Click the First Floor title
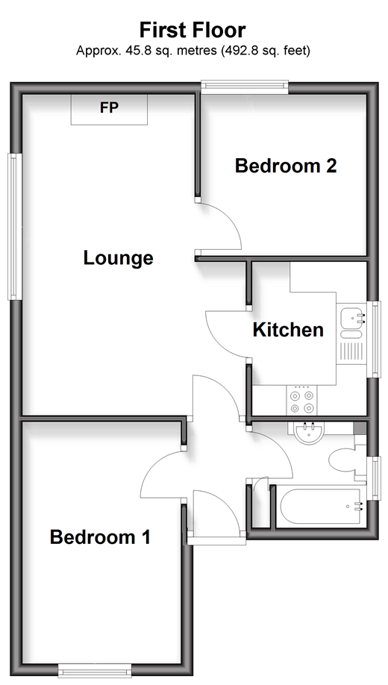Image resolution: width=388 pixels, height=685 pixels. [193, 31]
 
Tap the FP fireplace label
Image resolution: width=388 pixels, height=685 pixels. [109, 107]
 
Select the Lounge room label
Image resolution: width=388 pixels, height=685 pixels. [118, 257]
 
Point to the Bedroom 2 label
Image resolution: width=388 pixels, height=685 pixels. [286, 166]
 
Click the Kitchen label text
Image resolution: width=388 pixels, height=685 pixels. [288, 330]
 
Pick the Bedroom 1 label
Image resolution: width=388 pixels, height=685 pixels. [100, 537]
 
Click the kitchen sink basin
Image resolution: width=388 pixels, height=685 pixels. [351, 316]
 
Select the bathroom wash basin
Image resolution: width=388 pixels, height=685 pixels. [309, 433]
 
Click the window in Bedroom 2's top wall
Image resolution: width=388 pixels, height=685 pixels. [245, 87]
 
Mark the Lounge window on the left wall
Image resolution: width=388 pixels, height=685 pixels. [15, 226]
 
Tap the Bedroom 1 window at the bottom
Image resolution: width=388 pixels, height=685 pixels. [95, 670]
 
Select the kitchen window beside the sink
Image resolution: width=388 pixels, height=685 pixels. [375, 339]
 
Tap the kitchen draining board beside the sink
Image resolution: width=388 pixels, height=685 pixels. [351, 352]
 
